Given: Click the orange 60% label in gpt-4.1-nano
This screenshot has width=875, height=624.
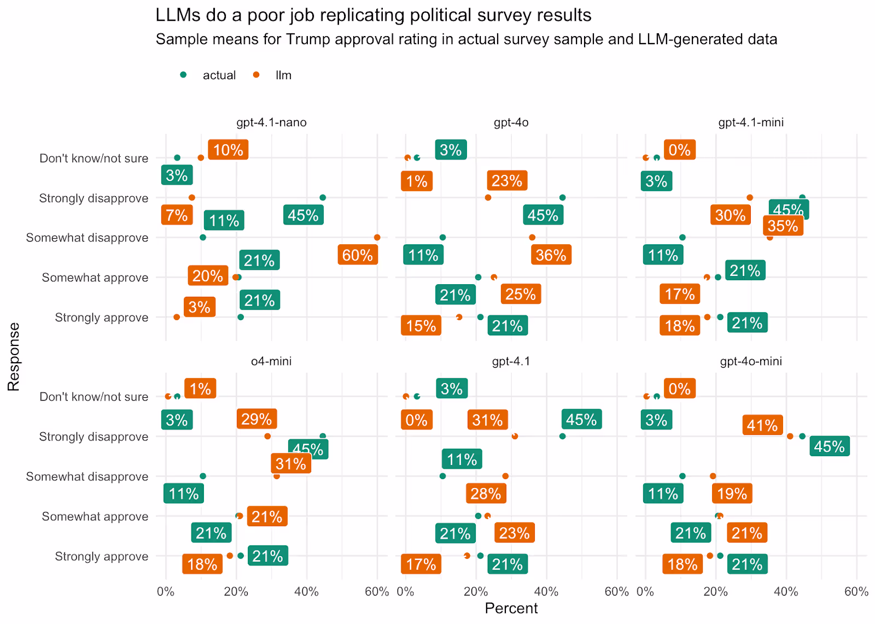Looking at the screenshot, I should click(358, 255).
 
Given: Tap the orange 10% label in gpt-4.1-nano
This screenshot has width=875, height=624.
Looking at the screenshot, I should click(228, 150).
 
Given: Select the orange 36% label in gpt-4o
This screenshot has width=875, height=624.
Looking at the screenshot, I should click(551, 255).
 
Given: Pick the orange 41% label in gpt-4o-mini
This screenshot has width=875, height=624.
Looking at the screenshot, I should click(762, 425).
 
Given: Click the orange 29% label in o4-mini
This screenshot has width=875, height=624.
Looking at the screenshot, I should click(256, 419).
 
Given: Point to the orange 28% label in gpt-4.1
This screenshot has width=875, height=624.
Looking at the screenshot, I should click(486, 494).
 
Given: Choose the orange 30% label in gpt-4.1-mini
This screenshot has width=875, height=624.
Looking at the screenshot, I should click(731, 215).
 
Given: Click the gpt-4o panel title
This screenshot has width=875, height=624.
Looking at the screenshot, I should click(511, 122).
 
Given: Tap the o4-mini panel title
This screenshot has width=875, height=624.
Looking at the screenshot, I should click(271, 361).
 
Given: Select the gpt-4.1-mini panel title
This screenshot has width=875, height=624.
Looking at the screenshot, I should click(751, 122).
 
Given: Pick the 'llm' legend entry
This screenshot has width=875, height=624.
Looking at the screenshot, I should click(283, 75).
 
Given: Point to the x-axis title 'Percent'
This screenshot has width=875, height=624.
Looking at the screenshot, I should click(511, 608).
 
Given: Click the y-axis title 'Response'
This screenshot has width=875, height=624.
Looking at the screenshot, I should click(14, 356).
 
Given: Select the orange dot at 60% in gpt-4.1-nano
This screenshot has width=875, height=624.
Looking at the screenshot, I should click(377, 237).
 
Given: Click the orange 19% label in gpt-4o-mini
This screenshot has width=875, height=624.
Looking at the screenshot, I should click(732, 494).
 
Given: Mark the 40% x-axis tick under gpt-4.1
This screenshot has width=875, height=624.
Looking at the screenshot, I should click(546, 592).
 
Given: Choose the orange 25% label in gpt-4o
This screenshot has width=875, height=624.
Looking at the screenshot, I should click(521, 294).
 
